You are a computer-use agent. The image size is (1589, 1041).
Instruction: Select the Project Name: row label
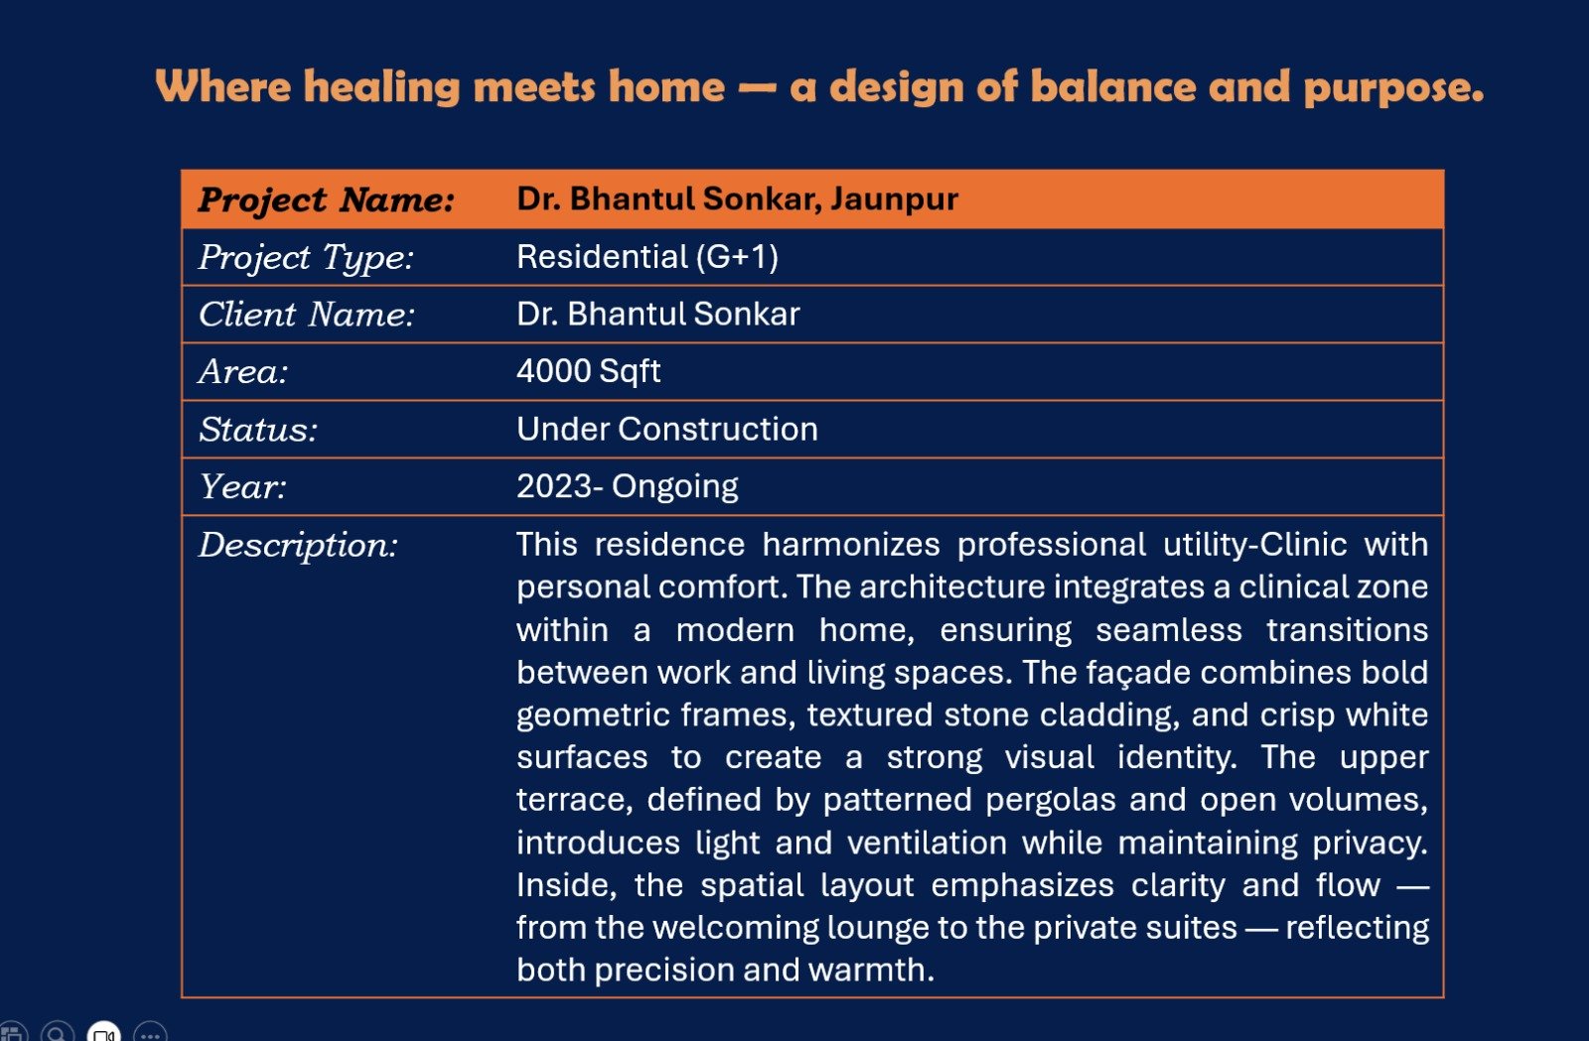(327, 200)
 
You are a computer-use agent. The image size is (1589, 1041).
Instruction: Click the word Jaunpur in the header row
(895, 199)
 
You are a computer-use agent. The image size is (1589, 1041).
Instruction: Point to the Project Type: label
(307, 258)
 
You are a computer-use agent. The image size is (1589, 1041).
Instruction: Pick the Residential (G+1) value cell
(647, 257)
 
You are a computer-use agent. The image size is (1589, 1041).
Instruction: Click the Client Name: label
(307, 315)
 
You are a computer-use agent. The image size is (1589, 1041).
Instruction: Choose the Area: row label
(243, 372)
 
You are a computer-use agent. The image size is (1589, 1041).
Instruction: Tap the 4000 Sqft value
(588, 371)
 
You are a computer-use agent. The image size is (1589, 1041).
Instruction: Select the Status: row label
(258, 430)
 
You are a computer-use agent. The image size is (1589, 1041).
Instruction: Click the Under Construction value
(666, 429)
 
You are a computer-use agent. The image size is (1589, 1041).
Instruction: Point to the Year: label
(242, 487)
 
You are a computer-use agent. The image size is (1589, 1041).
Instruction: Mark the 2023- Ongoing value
(627, 486)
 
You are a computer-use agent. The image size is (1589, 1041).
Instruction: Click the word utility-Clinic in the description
(1255, 545)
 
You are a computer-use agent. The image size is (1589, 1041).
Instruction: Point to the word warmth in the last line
(870, 970)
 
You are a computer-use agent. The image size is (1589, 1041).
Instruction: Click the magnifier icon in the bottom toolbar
(58, 1032)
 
